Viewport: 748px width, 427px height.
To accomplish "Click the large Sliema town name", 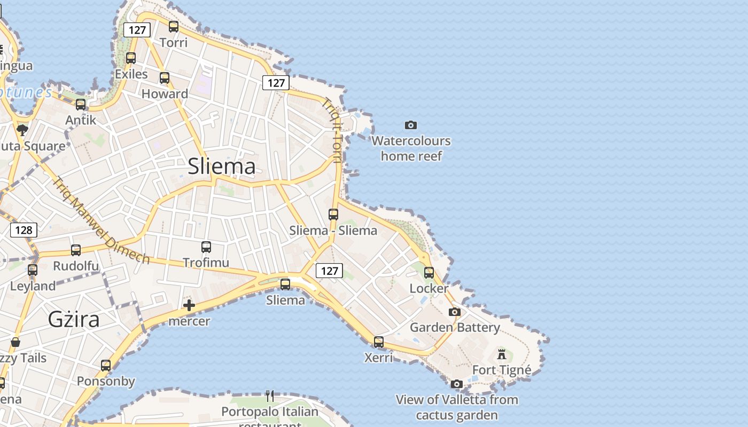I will pos(222,167).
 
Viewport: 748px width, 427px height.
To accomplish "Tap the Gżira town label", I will pos(74,319).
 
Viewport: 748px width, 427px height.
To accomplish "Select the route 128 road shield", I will pos(24,230).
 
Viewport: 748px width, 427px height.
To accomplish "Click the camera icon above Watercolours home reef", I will pos(410,125).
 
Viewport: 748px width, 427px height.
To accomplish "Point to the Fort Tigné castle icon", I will pos(502,354).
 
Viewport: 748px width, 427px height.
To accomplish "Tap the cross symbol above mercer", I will pos(189,305).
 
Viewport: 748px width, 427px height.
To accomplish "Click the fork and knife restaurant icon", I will pos(270,396).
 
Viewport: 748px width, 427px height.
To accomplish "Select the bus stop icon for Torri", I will pos(174,26).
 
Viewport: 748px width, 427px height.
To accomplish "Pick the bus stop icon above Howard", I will pos(165,78).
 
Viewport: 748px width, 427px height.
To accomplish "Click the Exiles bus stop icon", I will pos(131,58).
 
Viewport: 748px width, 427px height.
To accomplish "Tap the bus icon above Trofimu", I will pos(206,247).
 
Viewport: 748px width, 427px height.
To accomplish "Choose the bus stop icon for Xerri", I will pos(379,342).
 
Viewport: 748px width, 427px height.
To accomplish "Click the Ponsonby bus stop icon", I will pos(106,366).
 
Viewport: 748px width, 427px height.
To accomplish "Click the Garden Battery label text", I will pos(455,327).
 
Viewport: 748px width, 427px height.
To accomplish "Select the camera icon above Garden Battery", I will pos(455,312).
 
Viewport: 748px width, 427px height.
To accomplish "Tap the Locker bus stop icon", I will pos(429,273).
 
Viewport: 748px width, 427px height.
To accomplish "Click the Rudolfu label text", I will pos(76,266).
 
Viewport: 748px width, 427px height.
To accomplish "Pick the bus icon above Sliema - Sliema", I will pos(333,215).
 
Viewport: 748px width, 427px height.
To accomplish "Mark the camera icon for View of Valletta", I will pos(457,384).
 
